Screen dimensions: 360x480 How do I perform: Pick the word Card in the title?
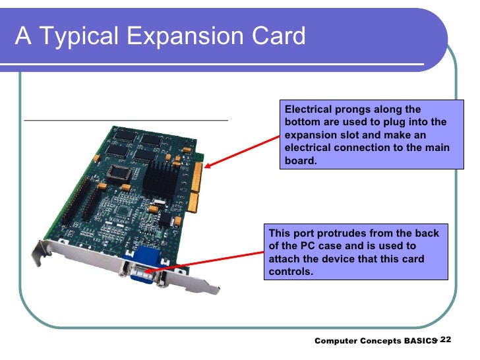click(x=280, y=36)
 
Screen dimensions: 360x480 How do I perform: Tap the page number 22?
click(x=445, y=339)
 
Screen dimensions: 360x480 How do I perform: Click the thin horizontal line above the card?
click(x=125, y=121)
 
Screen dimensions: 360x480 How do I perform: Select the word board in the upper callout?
click(x=299, y=160)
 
